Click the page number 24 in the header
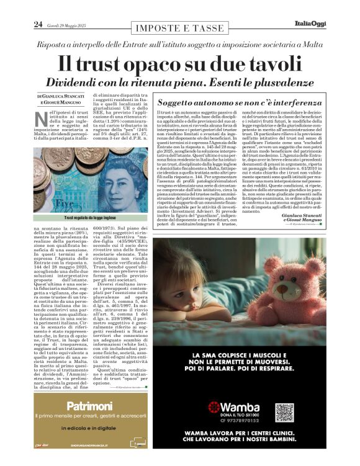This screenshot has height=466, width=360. [x=38, y=24]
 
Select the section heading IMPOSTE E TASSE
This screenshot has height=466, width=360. [x=179, y=29]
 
